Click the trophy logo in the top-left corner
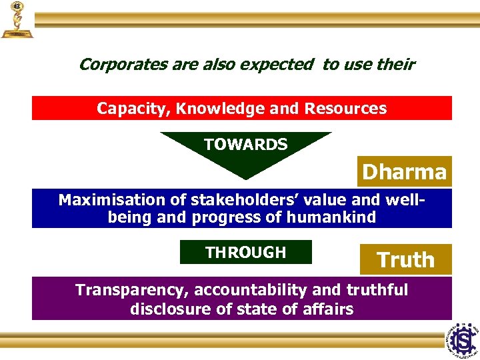[x=16, y=20]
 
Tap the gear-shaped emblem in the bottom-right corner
[x=462, y=339]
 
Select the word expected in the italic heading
[x=281, y=65]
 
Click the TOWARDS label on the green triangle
[x=245, y=144]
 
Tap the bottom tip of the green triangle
[x=246, y=177]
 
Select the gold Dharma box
[x=404, y=171]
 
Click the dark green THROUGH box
[x=245, y=252]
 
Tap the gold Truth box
[x=405, y=259]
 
